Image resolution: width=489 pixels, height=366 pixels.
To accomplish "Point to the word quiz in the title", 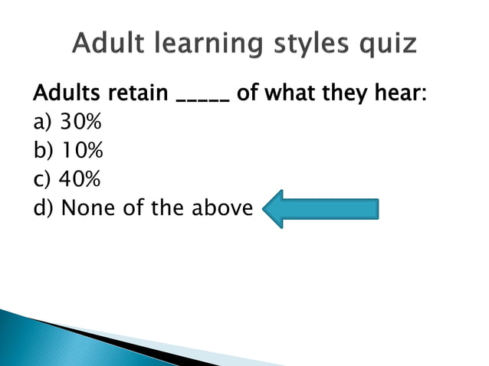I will click(389, 45).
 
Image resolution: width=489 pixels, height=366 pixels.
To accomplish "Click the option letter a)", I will click(43, 124).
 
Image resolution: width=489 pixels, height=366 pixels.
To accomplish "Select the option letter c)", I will click(42, 179).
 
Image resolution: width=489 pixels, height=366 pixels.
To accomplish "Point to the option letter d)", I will click(43, 207).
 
